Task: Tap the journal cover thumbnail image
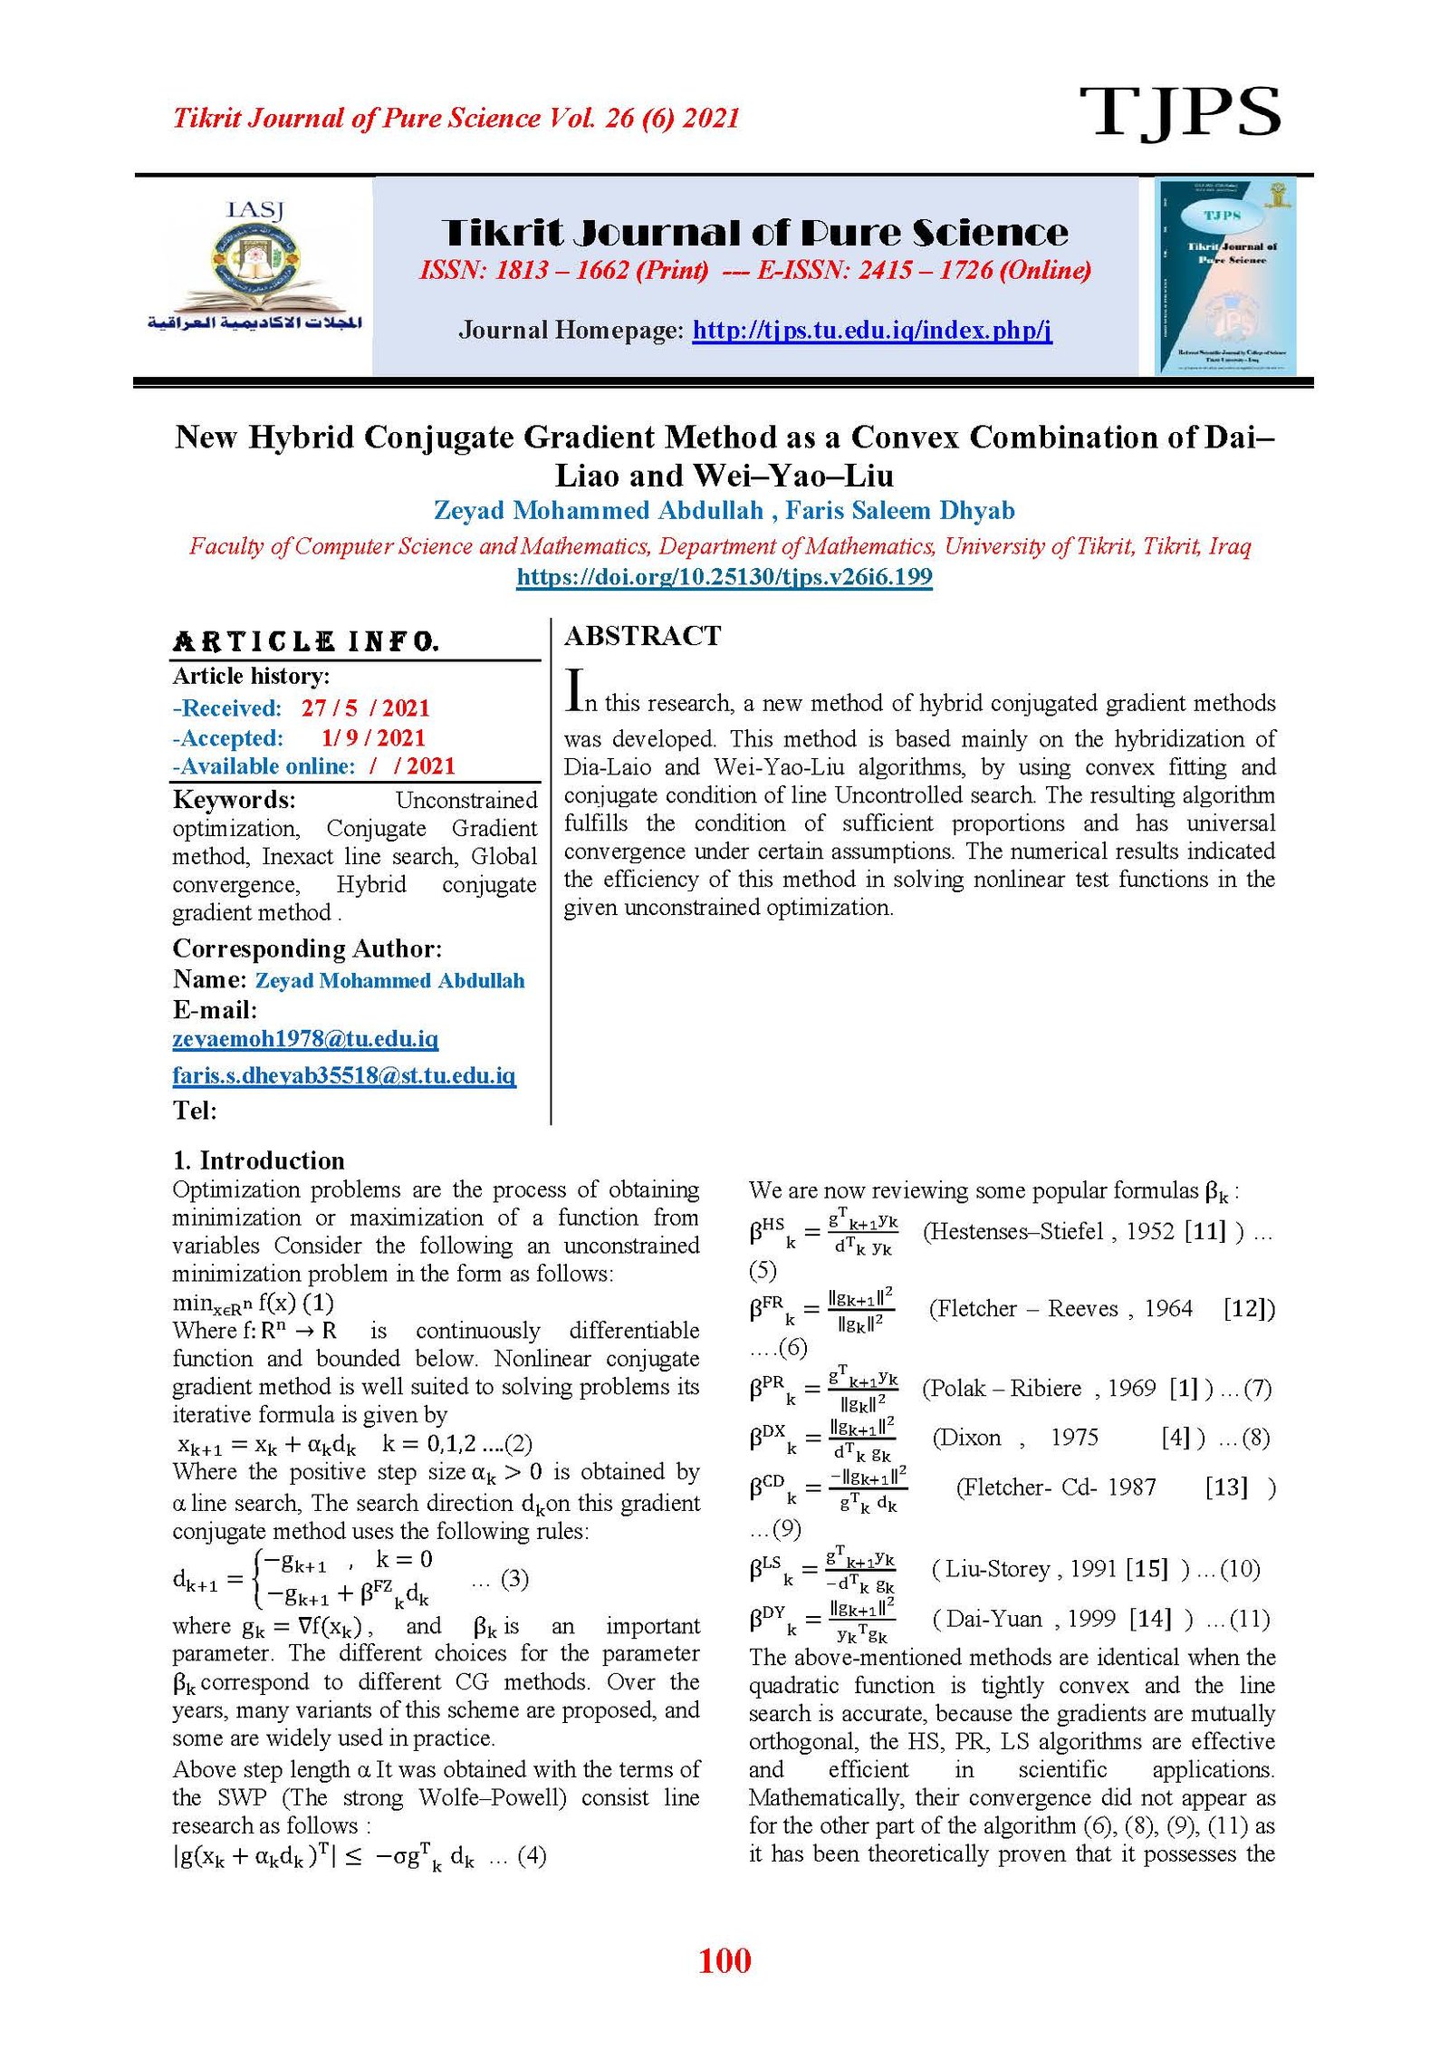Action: [x=1225, y=276]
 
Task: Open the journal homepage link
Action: [x=871, y=330]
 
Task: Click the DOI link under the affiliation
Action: [x=724, y=577]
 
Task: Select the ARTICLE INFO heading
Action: [x=306, y=642]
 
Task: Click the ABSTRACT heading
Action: [x=642, y=636]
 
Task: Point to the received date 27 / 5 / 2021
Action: [x=365, y=708]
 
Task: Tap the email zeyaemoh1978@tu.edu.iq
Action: [x=305, y=1039]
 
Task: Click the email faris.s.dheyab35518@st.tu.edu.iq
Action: [x=344, y=1075]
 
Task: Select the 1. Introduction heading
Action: [x=258, y=1160]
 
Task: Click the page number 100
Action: [x=724, y=1960]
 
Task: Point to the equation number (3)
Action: [x=514, y=1579]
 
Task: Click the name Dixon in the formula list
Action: [x=966, y=1438]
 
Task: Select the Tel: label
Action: [x=195, y=1111]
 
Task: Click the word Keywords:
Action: [x=234, y=800]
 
